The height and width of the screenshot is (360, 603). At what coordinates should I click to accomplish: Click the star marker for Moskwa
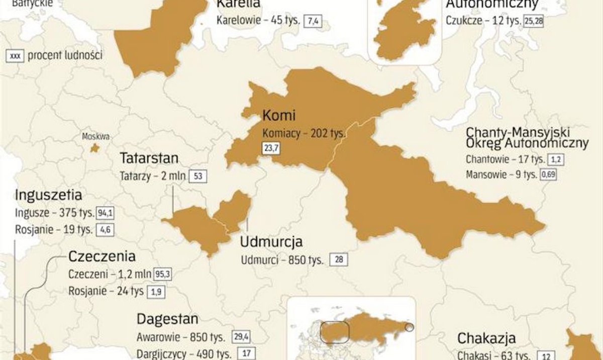click(x=93, y=148)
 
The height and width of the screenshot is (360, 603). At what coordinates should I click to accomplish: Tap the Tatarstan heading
click(x=149, y=158)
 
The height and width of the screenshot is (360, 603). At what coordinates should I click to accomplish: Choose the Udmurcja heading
click(x=271, y=242)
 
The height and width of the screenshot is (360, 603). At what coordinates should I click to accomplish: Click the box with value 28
click(x=339, y=260)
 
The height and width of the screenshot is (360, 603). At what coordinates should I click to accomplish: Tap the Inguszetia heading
click(x=49, y=195)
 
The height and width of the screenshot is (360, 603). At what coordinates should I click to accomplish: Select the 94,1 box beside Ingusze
click(x=106, y=213)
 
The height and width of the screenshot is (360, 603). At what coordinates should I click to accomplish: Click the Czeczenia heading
click(x=102, y=257)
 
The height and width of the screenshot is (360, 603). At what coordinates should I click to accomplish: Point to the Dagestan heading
click(x=167, y=319)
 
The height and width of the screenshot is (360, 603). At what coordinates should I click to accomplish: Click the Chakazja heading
click(x=486, y=338)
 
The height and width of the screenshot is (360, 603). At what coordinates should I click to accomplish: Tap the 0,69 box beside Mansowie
click(x=548, y=175)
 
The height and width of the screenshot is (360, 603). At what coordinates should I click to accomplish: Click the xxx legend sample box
click(x=14, y=55)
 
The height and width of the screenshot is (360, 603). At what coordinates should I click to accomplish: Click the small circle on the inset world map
click(x=410, y=328)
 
